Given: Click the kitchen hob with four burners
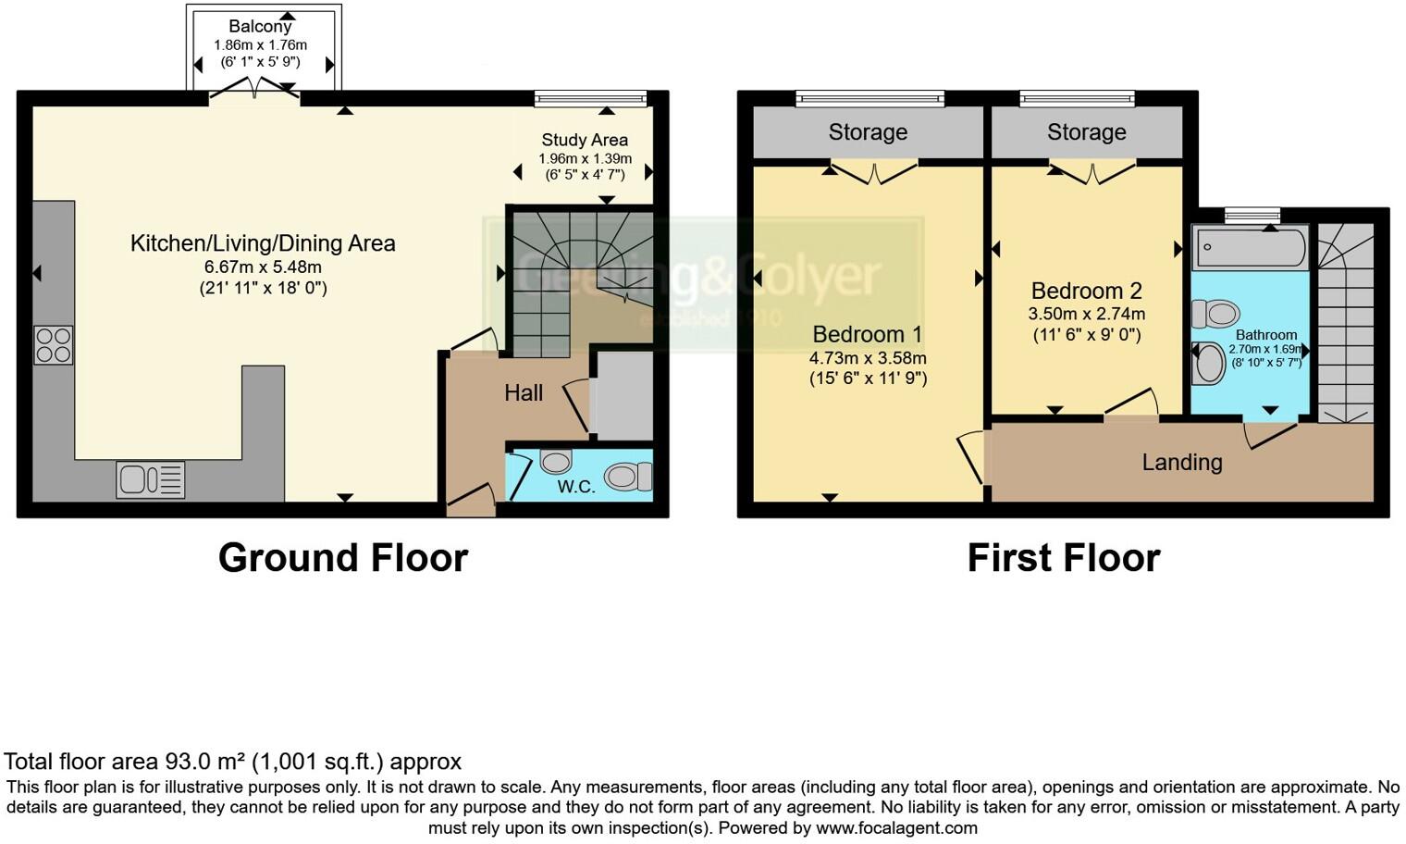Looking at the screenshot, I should pyautogui.click(x=53, y=345).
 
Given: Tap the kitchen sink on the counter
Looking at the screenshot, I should pyautogui.click(x=150, y=479).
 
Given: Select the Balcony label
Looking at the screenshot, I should pyautogui.click(x=260, y=27).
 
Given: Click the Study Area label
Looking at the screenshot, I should pyautogui.click(x=585, y=140).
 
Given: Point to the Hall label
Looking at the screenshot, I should pyautogui.click(x=524, y=393).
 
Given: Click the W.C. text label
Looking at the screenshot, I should pyautogui.click(x=575, y=487).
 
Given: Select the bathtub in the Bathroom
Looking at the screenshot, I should pyautogui.click(x=1250, y=248).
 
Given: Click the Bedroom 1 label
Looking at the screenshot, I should pyautogui.click(x=868, y=334).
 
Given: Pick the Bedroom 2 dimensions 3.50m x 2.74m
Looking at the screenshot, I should pyautogui.click(x=1086, y=314).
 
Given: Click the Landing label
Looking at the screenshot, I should pyautogui.click(x=1181, y=462).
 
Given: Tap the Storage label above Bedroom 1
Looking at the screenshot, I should pyautogui.click(x=868, y=132).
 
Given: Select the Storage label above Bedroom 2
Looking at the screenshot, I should pyautogui.click(x=1086, y=132).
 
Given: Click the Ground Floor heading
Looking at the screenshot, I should pyautogui.click(x=342, y=558).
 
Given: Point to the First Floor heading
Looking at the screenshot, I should pyautogui.click(x=1063, y=558).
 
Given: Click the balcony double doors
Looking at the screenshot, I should pyautogui.click(x=254, y=90).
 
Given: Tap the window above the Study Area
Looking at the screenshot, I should pyautogui.click(x=590, y=98).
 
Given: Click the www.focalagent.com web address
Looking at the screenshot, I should pyautogui.click(x=896, y=828).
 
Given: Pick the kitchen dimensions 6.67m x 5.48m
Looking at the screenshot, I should pyautogui.click(x=263, y=267).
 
